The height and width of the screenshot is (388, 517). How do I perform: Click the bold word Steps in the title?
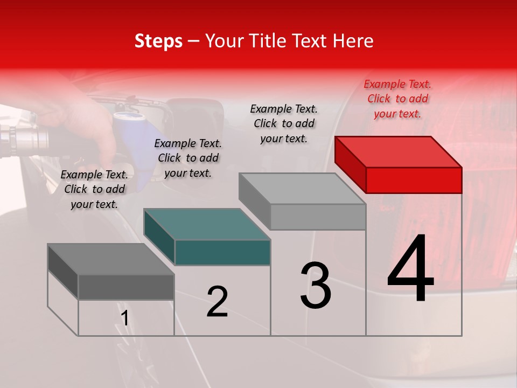coord(158,41)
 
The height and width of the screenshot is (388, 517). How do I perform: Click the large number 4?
coord(410,269)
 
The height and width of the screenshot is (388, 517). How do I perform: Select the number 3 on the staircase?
coord(315,286)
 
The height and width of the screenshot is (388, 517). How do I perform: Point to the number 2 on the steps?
coord(217,302)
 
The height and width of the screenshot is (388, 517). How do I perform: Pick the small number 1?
coord(125,318)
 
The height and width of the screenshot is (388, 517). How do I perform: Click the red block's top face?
coord(399,151)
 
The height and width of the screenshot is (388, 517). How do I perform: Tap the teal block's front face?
coord(222,252)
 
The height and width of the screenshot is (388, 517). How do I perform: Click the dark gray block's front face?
coord(126,287)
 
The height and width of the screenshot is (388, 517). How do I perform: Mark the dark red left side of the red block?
coord(350,164)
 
